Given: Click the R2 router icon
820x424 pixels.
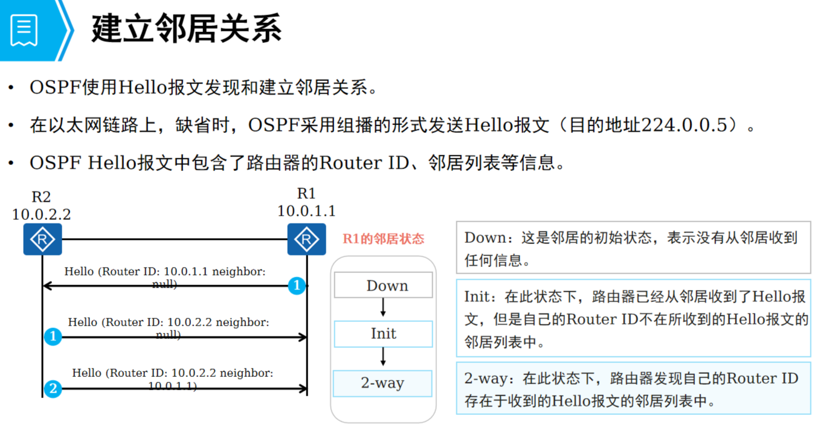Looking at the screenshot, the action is [x=42, y=239].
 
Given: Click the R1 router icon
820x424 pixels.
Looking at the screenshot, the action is [x=306, y=239].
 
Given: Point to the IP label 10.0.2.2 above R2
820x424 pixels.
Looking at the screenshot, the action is [x=42, y=214].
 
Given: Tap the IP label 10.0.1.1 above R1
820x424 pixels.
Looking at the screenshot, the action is [x=306, y=211].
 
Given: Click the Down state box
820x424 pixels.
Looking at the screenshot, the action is [x=384, y=285].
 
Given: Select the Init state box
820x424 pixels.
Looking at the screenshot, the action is [x=384, y=333].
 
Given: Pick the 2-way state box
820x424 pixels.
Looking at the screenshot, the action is [x=383, y=383].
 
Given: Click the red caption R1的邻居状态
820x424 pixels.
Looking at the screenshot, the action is [x=384, y=239].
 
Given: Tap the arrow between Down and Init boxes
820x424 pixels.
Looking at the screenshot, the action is [x=383, y=308].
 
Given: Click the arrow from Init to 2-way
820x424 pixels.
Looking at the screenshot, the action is [x=383, y=358].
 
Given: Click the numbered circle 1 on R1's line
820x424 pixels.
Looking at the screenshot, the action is [x=296, y=285].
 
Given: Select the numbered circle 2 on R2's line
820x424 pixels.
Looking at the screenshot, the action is [x=53, y=388].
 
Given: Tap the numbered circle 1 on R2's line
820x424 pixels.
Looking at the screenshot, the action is [x=53, y=336].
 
